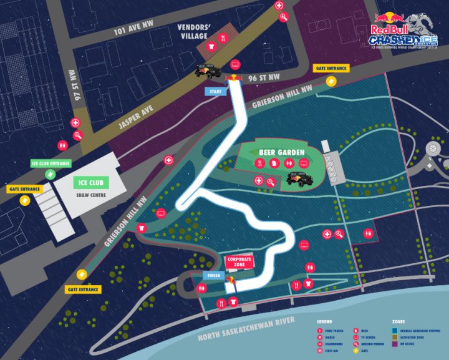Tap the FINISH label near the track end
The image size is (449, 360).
[211, 275]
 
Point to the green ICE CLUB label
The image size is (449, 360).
[90, 183]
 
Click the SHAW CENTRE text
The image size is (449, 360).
[90, 193]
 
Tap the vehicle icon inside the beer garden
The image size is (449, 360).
[299, 179]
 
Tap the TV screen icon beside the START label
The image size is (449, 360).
[235, 64]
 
